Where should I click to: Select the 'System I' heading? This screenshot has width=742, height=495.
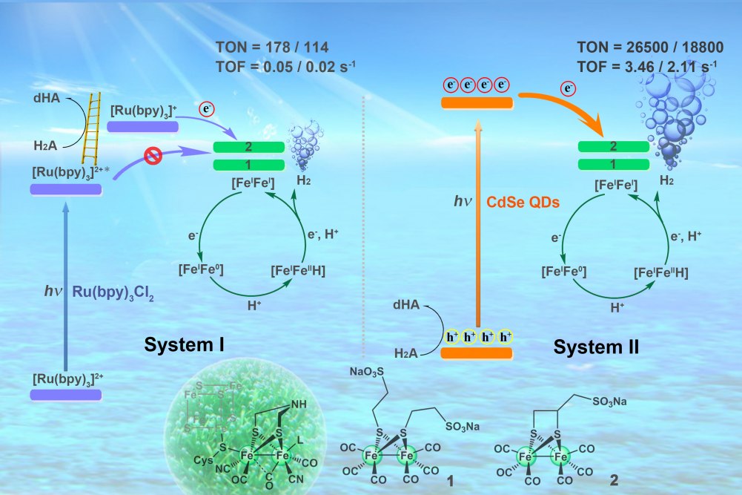click(185, 344)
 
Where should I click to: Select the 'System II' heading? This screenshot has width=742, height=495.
click(597, 346)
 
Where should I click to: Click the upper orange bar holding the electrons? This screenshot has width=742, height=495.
click(477, 102)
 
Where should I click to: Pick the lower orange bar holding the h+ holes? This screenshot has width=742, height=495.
click(477, 353)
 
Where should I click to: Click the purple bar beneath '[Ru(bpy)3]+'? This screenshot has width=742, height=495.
click(142, 127)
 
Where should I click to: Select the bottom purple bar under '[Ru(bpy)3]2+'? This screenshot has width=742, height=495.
click(65, 395)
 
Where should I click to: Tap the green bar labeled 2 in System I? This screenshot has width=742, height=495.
click(249, 147)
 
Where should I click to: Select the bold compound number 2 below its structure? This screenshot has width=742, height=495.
click(613, 481)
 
